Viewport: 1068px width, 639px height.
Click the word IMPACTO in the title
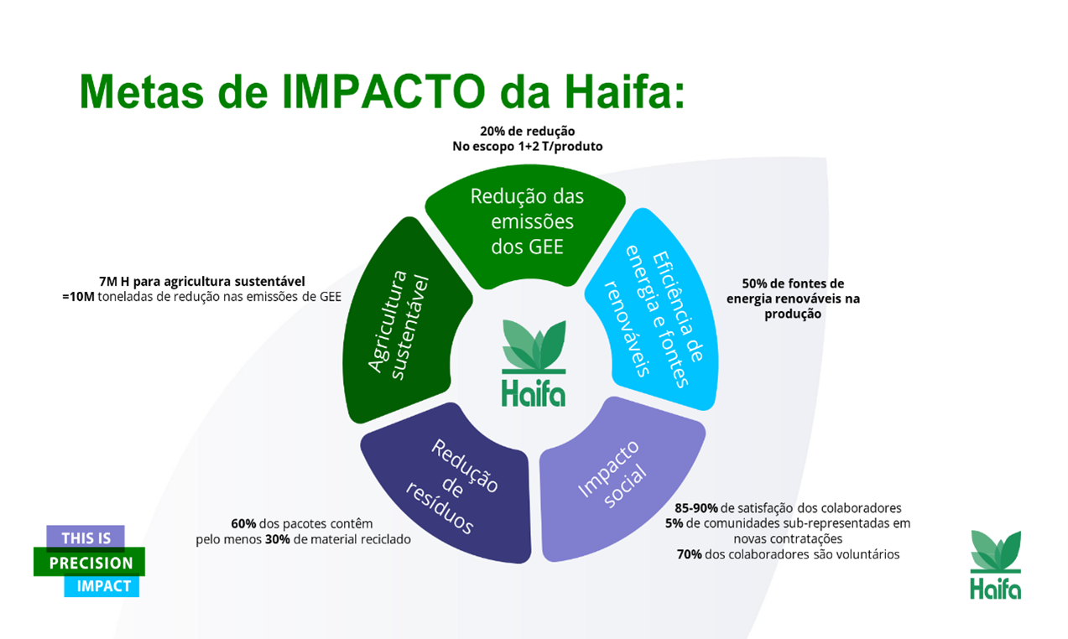383,91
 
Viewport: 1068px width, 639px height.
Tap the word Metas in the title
142,91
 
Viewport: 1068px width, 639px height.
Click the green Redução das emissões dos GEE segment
526,224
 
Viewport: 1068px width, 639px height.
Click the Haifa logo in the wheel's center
534,363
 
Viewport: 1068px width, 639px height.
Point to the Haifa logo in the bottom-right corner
996,564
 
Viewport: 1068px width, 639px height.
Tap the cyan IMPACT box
102,586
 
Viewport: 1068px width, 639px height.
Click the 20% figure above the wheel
492,131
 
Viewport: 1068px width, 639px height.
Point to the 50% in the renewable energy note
754,283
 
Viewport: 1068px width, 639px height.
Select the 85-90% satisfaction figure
696,508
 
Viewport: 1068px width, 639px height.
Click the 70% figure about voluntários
690,554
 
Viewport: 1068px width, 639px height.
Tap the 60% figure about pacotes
243,523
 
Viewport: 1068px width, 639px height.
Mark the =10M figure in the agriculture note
78,297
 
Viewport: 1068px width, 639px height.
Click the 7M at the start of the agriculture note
107,282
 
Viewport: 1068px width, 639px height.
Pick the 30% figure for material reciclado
278,539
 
